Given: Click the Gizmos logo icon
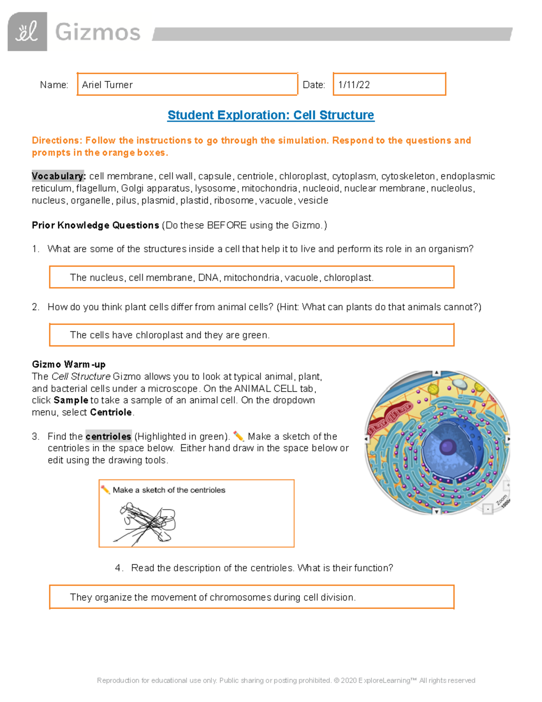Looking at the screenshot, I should point(27,32).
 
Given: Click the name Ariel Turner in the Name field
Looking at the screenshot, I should point(107,85).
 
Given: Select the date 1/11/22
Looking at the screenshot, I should point(354,85).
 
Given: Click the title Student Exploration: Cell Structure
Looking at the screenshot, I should point(271,115).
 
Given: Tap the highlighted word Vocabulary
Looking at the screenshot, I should point(58,176).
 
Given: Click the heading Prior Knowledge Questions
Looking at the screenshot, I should point(95,225).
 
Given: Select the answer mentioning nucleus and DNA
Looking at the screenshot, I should point(221,278).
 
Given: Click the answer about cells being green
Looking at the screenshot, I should point(169,335).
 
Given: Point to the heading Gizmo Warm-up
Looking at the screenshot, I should point(69,364).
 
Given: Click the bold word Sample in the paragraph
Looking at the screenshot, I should point(70,400).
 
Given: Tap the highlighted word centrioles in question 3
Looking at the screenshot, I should point(108,436).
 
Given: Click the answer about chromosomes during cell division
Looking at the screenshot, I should point(212,597).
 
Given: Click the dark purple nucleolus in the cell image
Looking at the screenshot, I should point(448,447).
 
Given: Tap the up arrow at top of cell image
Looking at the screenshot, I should point(436,373).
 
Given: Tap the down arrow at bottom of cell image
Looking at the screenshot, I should point(436,511).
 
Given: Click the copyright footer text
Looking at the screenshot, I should point(286,680).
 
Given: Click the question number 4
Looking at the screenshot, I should point(119,568).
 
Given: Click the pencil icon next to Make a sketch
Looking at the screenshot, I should point(105,490).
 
